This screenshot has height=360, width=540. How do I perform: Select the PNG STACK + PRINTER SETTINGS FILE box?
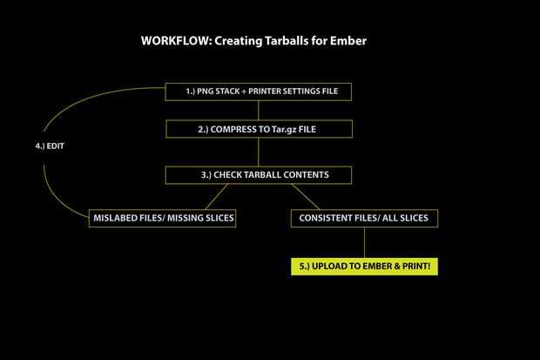tap(258, 92)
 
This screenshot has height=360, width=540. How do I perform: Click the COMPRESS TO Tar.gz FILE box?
tap(258, 129)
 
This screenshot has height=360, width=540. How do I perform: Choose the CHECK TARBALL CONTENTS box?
tap(258, 174)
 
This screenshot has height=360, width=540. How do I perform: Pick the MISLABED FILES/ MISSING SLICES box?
tap(163, 217)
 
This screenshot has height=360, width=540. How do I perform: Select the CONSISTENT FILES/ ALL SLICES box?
tap(364, 217)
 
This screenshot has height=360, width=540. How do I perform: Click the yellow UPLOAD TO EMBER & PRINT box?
tap(364, 266)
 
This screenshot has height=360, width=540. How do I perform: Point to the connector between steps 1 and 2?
tap(258, 111)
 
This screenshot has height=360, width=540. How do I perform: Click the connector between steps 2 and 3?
tap(258, 152)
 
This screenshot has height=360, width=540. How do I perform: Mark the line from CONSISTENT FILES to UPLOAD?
tap(364, 242)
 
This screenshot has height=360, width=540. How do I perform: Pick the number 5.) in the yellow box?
tap(305, 266)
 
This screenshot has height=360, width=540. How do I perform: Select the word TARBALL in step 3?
tap(260, 174)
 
